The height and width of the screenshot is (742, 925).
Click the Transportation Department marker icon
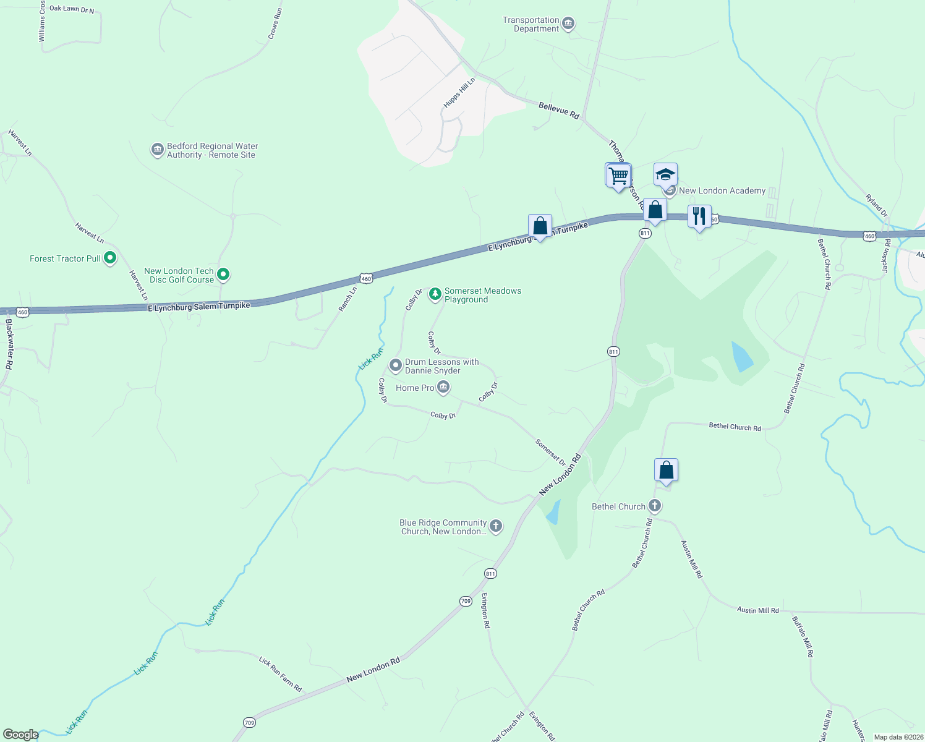pyautogui.click(x=569, y=24)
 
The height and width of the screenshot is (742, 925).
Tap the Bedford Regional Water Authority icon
pyautogui.click(x=157, y=150)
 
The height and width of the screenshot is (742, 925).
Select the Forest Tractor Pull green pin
pyautogui.click(x=110, y=258)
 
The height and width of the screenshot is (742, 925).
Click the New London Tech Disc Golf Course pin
pyautogui.click(x=224, y=275)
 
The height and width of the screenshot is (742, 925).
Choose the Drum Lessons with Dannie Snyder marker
pyautogui.click(x=396, y=366)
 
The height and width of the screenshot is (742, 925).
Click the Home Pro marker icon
pyautogui.click(x=443, y=388)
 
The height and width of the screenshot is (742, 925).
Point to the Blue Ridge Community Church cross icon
pyautogui.click(x=495, y=526)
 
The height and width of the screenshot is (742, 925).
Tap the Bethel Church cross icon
pyautogui.click(x=654, y=506)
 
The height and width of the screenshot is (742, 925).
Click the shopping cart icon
pyautogui.click(x=618, y=176)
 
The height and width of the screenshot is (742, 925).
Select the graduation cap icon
pyautogui.click(x=665, y=175)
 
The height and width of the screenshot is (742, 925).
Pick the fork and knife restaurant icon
pyautogui.click(x=699, y=216)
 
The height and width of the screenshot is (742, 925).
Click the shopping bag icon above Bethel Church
pyautogui.click(x=666, y=471)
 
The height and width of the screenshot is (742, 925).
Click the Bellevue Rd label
pyautogui.click(x=558, y=111)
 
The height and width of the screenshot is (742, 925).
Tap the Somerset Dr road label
pyautogui.click(x=550, y=452)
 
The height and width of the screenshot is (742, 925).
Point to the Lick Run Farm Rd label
pyautogui.click(x=280, y=674)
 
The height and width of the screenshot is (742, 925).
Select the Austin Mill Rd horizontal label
pyautogui.click(x=757, y=610)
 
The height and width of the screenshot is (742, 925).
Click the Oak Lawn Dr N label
pyautogui.click(x=72, y=9)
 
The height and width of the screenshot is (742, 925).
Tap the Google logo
pyautogui.click(x=20, y=734)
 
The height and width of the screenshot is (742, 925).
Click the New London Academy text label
pyautogui.click(x=722, y=190)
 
